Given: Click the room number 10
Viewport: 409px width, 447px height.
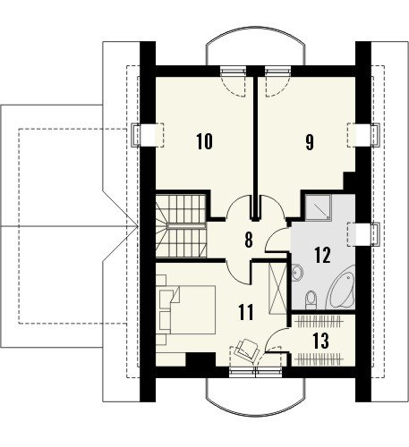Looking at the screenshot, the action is coord(205,141).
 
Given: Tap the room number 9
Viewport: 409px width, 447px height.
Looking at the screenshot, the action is coord(310,142).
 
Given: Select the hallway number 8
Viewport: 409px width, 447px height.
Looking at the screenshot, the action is coord(249,240).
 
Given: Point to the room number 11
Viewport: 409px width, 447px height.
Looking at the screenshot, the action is coord(246,312).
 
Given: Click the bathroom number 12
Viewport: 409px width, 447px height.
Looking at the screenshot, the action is coord(322,255).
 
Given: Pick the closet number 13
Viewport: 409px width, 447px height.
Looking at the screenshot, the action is coord(320,341).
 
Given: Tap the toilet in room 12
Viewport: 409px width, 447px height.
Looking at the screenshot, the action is coord(311,299).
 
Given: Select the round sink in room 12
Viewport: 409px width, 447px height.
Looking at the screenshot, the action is coord(297,272).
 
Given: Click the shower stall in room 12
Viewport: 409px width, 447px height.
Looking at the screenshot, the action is coord(318,207).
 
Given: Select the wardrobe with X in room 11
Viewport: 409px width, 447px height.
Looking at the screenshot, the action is coord(277,288).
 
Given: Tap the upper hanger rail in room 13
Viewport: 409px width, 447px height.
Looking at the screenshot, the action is coord(318,322).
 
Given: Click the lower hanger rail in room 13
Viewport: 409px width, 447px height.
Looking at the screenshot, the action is coord(318,359).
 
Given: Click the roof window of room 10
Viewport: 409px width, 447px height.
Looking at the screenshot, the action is coord(148,135).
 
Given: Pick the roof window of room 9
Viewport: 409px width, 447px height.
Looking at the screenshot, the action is coord(363,135).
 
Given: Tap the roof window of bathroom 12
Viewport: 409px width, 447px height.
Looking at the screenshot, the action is coord(363,234).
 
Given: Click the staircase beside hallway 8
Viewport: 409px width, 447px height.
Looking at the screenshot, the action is coord(181,225).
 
